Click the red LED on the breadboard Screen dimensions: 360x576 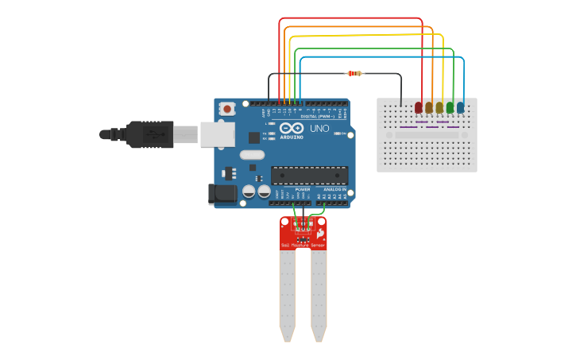[419, 107]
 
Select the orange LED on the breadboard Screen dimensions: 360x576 [429, 107]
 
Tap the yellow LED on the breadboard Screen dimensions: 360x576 [439, 107]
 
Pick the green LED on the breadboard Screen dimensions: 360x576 [450, 107]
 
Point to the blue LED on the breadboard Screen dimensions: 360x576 [461, 107]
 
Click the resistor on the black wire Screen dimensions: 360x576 [354, 73]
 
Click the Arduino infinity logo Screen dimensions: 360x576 [292, 128]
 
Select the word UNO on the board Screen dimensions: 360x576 [319, 128]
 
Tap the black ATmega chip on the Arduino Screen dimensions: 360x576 [309, 176]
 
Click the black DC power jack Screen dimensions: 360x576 [222, 193]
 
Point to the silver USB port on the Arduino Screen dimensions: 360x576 [216, 134]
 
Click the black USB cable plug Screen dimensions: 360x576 [150, 134]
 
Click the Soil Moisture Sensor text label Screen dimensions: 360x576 [303, 246]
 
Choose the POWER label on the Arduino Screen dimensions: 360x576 [303, 190]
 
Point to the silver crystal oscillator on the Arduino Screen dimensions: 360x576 [251, 155]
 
